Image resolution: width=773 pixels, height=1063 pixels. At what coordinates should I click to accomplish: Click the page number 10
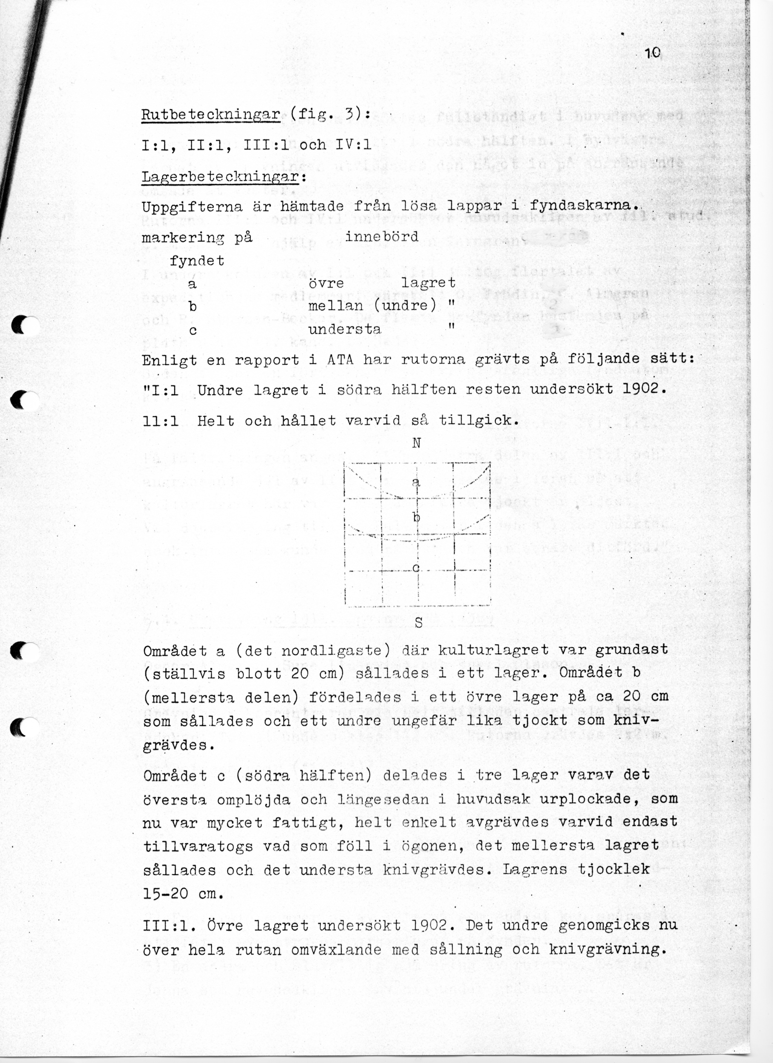coord(652,53)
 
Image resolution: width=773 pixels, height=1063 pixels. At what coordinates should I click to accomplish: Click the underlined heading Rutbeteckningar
coord(211,114)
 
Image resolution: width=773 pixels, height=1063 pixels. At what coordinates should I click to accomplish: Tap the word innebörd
coord(381,237)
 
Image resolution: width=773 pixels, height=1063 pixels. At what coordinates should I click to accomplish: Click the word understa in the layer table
coord(344,329)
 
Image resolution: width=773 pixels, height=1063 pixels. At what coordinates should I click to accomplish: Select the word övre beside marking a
coord(326,283)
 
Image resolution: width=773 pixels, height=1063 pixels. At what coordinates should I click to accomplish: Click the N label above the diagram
coord(416,443)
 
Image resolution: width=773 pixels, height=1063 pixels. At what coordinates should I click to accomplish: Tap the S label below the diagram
coord(418,623)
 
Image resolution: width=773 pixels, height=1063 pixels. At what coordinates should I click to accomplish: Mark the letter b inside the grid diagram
coord(416,518)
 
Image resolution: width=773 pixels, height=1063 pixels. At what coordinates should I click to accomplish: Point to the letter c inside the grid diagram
coord(415,568)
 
